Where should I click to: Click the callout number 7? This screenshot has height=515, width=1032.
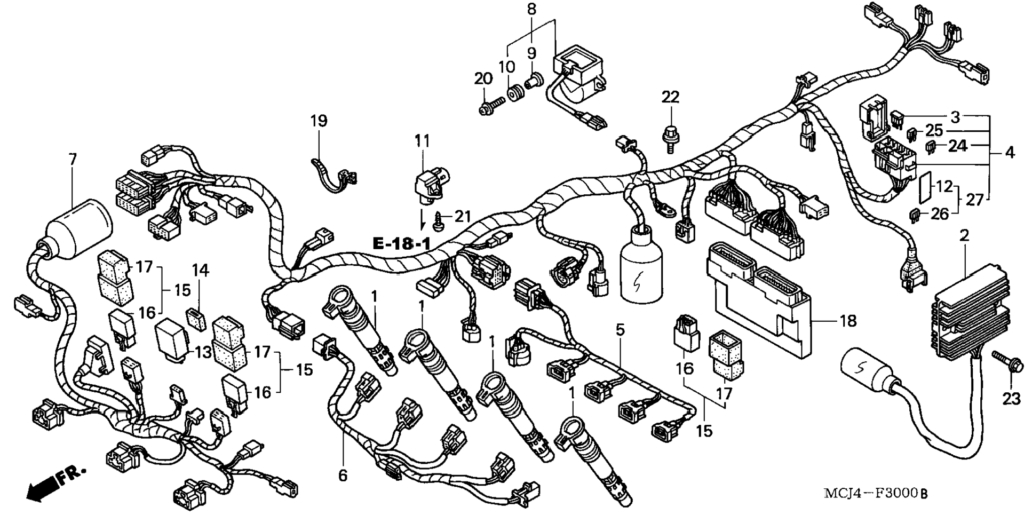click(x=73, y=159)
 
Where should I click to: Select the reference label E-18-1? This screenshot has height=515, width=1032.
click(x=401, y=244)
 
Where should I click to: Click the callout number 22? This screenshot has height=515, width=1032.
click(x=671, y=97)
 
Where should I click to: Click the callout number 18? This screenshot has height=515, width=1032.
click(x=848, y=321)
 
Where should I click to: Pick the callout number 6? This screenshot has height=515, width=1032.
click(x=343, y=475)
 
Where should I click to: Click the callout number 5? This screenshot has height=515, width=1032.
click(x=620, y=329)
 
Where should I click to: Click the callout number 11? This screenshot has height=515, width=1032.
click(x=422, y=141)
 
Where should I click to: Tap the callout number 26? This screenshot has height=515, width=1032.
click(x=940, y=214)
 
